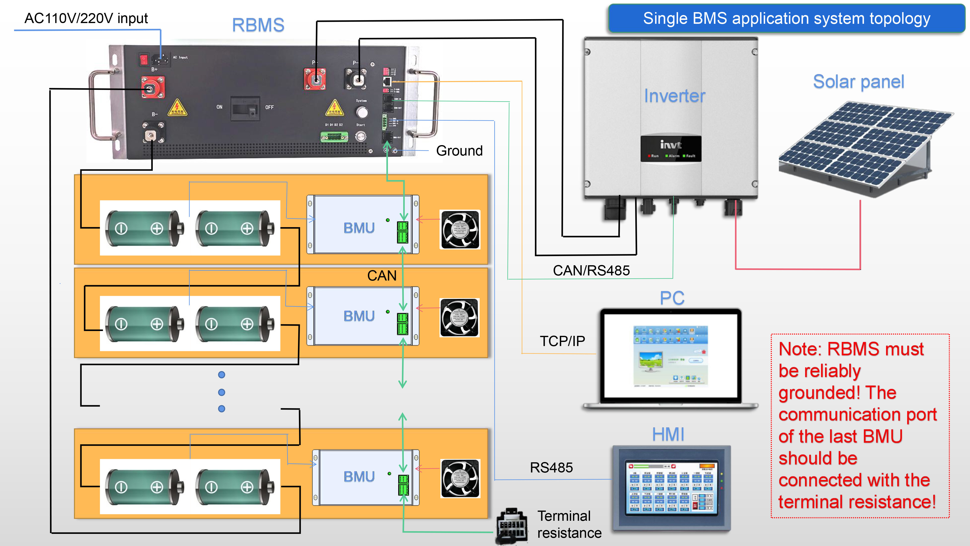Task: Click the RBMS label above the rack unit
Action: (x=258, y=25)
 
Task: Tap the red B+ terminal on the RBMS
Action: (x=153, y=87)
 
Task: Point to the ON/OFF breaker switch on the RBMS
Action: (x=245, y=108)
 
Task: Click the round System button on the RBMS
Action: (x=362, y=112)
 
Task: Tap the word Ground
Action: (x=459, y=151)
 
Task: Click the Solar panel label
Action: (x=858, y=82)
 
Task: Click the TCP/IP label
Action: (x=562, y=341)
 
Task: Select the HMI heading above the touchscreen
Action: (x=668, y=434)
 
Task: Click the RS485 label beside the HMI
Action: (x=551, y=468)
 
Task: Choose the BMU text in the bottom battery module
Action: (x=359, y=477)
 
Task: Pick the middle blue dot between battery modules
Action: (x=221, y=392)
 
